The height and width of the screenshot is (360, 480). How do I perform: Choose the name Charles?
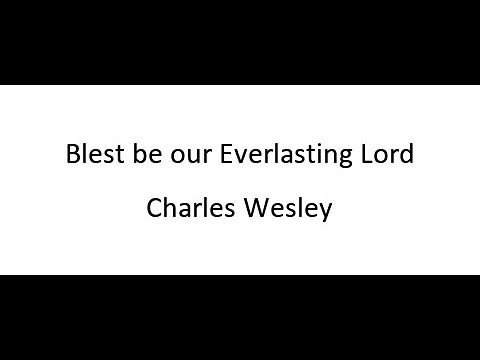pyautogui.click(x=184, y=211)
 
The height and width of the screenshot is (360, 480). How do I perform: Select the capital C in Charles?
pyautogui.click(x=153, y=211)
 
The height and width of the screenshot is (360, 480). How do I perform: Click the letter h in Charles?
pyautogui.click(x=168, y=210)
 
